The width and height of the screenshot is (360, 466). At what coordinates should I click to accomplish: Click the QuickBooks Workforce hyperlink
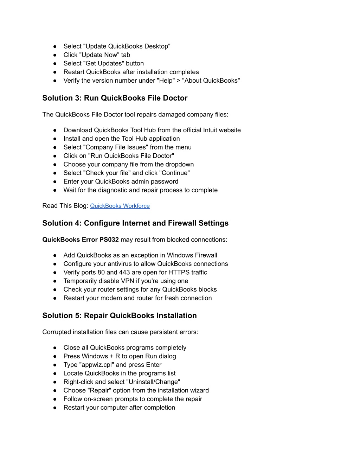tap(120, 206)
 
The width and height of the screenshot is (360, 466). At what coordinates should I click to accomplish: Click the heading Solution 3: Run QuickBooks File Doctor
tap(115, 98)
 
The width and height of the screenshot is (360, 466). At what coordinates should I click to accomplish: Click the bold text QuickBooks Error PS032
tap(81, 240)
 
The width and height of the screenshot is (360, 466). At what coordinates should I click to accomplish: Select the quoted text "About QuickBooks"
tap(211, 81)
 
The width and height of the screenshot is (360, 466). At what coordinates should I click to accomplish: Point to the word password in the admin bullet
tap(165, 181)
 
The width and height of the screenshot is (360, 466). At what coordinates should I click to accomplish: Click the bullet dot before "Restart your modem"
tap(55, 298)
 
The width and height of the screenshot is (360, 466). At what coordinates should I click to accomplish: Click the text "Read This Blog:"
tap(65, 206)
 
